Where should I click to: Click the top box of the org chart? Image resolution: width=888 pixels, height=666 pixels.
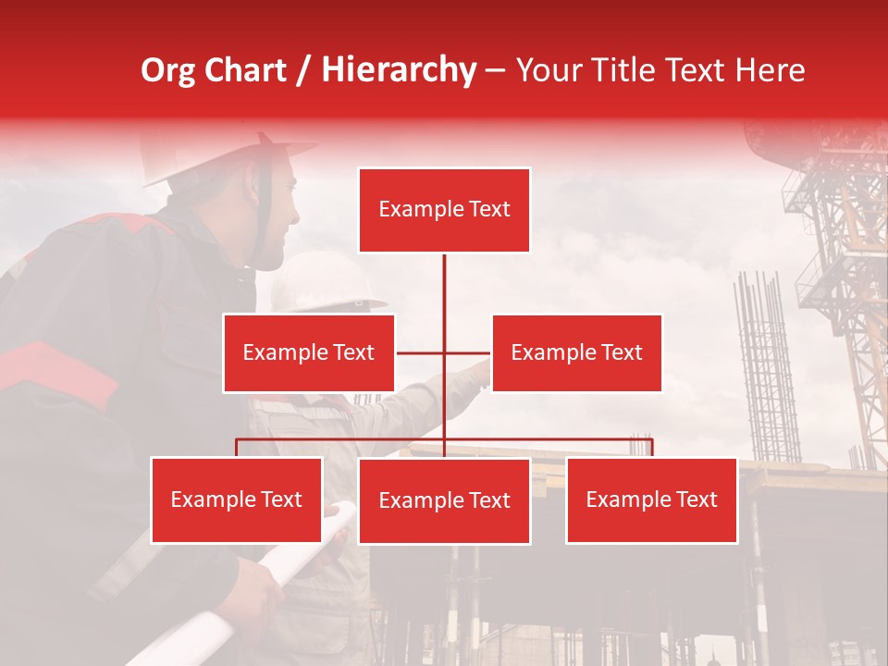coord(444,210)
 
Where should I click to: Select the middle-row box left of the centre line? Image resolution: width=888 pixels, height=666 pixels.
coord(309,352)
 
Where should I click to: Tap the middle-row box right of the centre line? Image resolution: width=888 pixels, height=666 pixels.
coord(576,352)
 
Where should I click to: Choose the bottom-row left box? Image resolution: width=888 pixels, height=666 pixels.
coord(237,499)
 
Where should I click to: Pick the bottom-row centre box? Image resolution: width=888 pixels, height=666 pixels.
coord(444,500)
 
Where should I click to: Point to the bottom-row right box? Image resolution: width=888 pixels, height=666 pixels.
coord(651,499)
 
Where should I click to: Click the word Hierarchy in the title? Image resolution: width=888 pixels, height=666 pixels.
coord(399,70)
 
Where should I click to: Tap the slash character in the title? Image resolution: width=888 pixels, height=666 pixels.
coord(302,71)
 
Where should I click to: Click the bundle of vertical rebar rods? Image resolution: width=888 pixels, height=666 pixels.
coord(766,370)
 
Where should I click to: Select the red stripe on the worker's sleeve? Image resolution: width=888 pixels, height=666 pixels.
coord(55,370)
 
